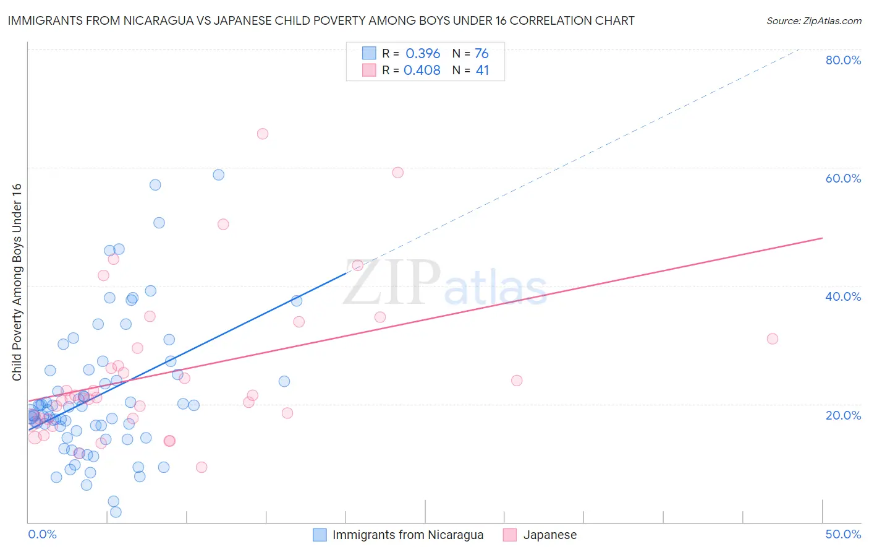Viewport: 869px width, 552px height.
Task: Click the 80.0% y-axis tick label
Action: (x=843, y=60)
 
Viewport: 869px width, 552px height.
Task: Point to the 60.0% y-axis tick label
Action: (x=843, y=178)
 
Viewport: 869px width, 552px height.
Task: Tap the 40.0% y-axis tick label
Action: (x=843, y=296)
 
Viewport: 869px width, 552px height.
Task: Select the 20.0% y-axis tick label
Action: (x=843, y=415)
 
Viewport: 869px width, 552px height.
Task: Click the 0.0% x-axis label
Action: (x=42, y=534)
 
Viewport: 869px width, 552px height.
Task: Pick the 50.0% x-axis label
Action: (x=843, y=534)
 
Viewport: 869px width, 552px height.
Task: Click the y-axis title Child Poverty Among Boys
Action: (x=17, y=282)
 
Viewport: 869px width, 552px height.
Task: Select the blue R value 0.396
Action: (x=423, y=54)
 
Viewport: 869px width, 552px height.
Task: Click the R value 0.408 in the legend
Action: (x=422, y=71)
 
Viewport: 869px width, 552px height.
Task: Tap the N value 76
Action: (x=481, y=54)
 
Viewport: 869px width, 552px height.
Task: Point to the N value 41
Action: (x=482, y=71)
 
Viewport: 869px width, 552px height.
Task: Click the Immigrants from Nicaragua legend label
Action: (x=407, y=535)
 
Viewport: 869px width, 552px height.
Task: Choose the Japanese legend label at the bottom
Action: (x=549, y=535)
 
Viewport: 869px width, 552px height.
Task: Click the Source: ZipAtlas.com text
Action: (x=813, y=21)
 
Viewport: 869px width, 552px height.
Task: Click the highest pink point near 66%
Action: (x=263, y=134)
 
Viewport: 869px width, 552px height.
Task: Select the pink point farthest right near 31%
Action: (x=772, y=339)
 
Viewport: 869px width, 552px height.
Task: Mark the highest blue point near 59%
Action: (x=218, y=175)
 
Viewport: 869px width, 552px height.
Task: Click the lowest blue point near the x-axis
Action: (x=116, y=512)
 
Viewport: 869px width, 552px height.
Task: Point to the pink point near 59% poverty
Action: (x=397, y=173)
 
